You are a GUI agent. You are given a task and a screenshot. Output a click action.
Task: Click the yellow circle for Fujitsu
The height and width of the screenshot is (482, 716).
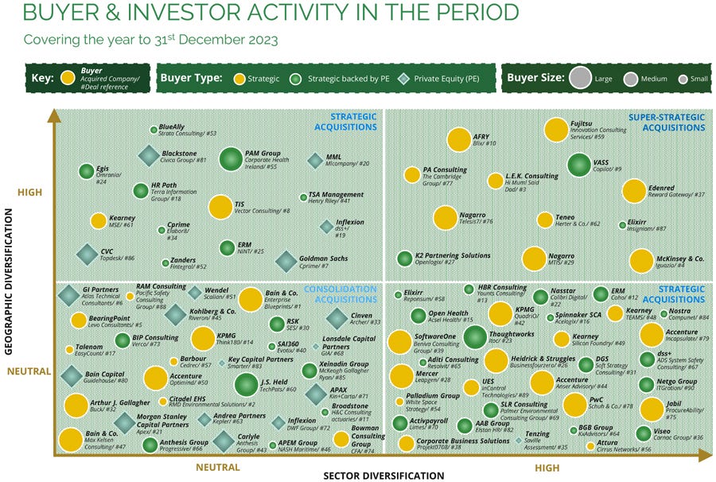coord(556,130)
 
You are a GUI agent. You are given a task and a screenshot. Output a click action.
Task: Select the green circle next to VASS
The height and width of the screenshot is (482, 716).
coord(579,165)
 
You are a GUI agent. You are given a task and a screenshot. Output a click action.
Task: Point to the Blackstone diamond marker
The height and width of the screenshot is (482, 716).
coord(149,157)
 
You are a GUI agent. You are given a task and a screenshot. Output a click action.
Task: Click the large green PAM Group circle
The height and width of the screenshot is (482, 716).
coord(231,160)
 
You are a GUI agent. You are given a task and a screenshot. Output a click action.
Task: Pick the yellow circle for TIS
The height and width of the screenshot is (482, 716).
coord(220,208)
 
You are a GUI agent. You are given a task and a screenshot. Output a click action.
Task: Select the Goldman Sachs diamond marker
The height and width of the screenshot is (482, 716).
coord(286,261)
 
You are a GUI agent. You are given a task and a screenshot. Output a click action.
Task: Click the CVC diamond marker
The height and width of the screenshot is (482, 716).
coord(87,255)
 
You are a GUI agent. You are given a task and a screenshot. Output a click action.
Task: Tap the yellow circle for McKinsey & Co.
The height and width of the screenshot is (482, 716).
coord(641,261)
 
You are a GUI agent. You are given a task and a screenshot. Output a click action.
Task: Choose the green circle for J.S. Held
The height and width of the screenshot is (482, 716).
coord(247,386)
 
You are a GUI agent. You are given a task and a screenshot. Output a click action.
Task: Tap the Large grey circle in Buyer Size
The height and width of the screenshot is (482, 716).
coord(581,78)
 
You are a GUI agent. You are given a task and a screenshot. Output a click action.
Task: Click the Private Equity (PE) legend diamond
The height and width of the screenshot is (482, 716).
coord(404,78)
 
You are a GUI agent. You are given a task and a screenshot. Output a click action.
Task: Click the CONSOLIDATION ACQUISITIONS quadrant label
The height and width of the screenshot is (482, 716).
coord(345,293)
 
